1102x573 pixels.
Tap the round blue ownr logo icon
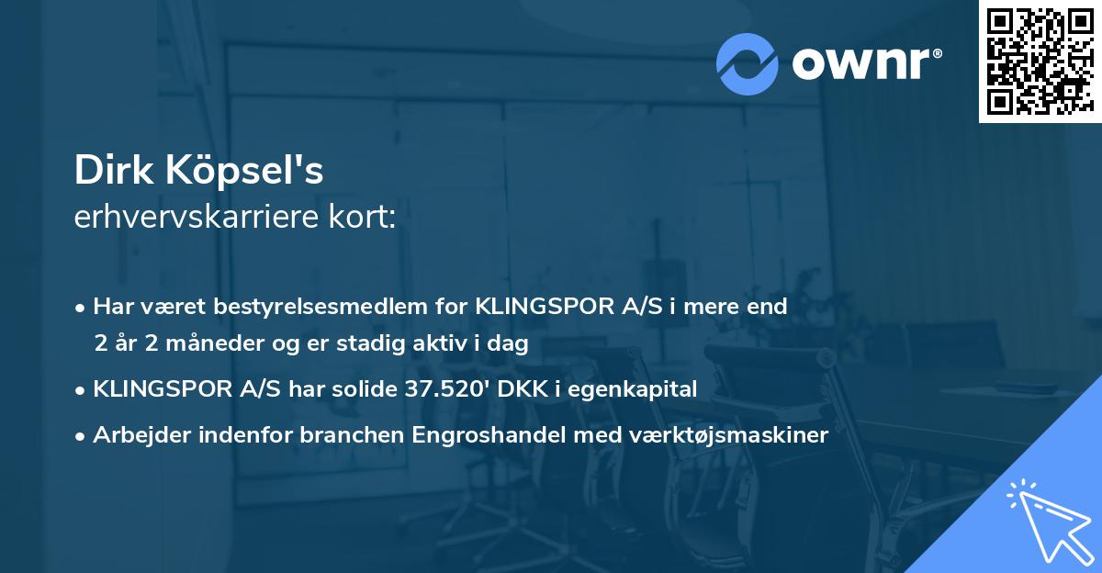click(x=747, y=64)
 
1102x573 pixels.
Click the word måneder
click(x=189, y=344)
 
